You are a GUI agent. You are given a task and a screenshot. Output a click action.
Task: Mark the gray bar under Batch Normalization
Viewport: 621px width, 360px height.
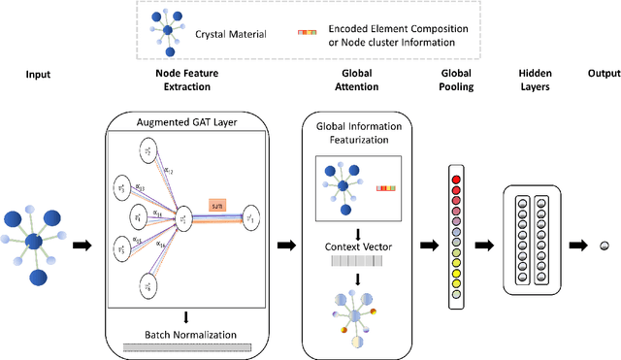(186, 347)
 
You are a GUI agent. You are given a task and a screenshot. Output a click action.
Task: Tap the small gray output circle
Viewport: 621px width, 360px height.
(604, 246)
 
